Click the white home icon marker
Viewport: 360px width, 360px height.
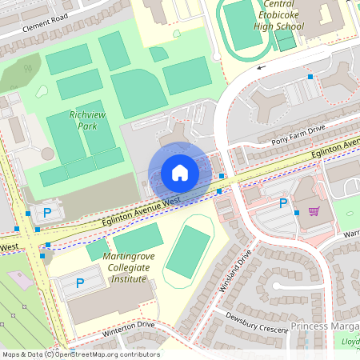179,172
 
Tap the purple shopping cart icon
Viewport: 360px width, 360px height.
314,211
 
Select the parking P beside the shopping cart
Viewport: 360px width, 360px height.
282,203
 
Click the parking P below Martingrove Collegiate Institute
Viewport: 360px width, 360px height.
80,283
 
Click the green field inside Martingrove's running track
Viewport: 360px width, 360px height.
189,250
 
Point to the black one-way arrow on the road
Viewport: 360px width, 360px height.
258,68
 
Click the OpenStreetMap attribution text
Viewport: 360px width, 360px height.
80,354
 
